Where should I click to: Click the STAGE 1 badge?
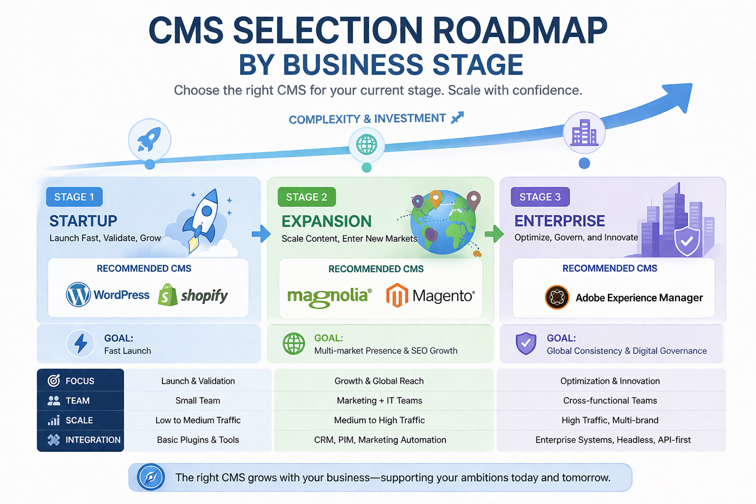point(74,197)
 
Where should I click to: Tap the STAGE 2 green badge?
point(307,197)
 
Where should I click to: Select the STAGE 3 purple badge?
point(540,197)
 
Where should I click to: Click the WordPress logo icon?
point(78,294)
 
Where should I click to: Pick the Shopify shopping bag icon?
point(167,295)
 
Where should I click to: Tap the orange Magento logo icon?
point(397,295)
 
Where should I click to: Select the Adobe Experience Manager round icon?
point(557,297)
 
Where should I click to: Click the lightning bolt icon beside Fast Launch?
point(81,343)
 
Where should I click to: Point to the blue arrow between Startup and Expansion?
point(261,234)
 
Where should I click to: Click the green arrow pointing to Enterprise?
point(494,234)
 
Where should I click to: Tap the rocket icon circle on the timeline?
point(150,140)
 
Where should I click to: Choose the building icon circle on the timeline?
point(584,132)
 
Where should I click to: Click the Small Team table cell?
point(198,401)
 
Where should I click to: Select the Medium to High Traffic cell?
point(379,420)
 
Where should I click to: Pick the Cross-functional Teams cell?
point(610,401)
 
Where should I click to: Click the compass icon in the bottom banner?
point(151,477)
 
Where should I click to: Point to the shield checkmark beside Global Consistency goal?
point(526,343)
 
